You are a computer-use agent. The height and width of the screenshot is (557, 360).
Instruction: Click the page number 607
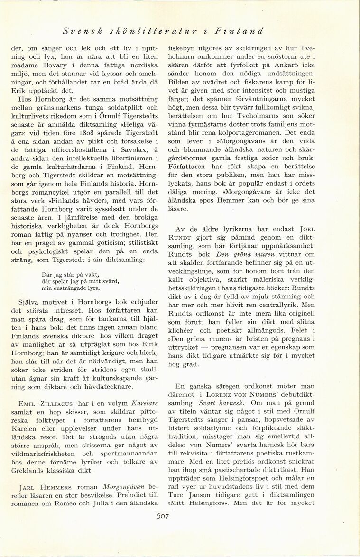pyautogui.click(x=162, y=516)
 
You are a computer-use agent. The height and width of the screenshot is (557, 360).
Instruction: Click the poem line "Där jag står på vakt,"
pyautogui.click(x=70, y=274)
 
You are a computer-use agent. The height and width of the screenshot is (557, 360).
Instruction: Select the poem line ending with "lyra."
pyautogui.click(x=71, y=288)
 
